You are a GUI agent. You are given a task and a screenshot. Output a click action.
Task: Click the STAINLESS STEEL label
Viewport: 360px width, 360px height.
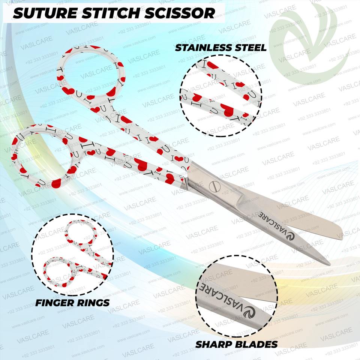221,48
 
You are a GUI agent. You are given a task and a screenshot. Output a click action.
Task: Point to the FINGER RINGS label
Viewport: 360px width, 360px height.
72,302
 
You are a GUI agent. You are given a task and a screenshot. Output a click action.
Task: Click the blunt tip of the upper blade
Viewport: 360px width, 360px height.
339,234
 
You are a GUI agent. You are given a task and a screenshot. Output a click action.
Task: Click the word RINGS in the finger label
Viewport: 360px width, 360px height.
93,302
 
